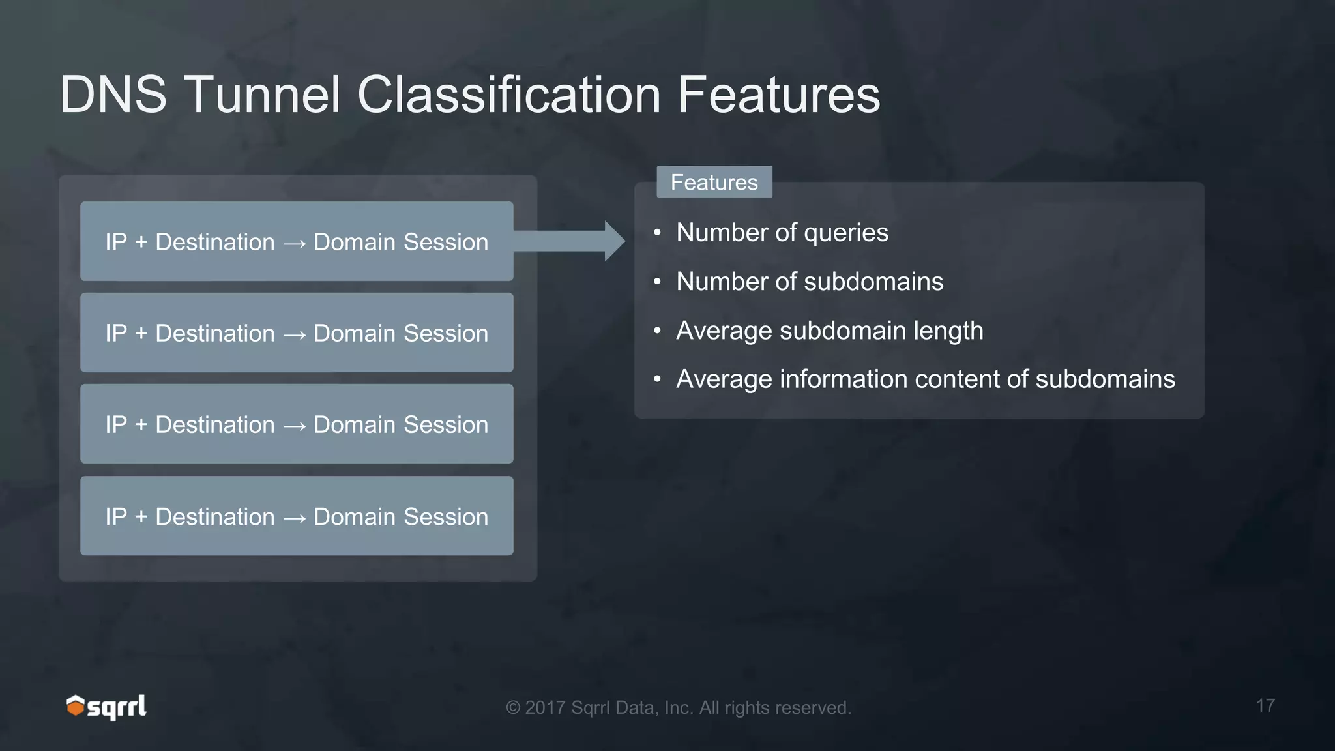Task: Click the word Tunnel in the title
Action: pos(262,95)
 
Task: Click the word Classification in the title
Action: pos(510,95)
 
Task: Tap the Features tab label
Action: pos(714,183)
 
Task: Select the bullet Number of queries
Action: pos(782,233)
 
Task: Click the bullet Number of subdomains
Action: pos(809,282)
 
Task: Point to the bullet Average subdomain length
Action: pos(829,331)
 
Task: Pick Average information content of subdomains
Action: pos(925,379)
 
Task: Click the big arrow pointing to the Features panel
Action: pos(574,241)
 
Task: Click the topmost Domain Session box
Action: pos(297,242)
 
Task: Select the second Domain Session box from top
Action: pos(297,333)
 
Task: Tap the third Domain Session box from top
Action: pos(297,424)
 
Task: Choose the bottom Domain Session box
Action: pos(297,516)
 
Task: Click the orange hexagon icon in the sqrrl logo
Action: pos(76,705)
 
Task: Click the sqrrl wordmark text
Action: pos(117,707)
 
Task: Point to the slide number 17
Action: pos(1265,706)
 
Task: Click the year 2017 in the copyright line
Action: pos(545,708)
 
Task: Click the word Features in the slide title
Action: pos(779,95)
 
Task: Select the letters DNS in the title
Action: pos(113,95)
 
